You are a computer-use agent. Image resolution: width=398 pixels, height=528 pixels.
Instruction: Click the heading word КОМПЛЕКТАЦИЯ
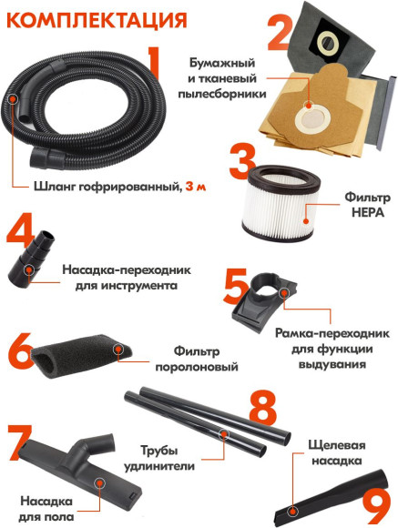(87, 19)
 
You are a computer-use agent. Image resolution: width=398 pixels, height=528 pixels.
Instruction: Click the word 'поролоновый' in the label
(205, 367)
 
